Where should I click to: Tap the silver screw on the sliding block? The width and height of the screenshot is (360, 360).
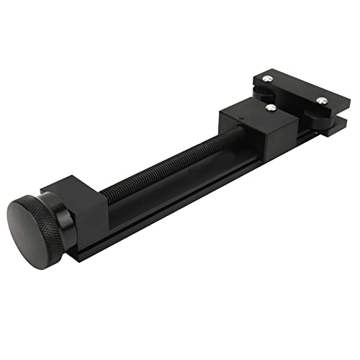pyautogui.click(x=271, y=108)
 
